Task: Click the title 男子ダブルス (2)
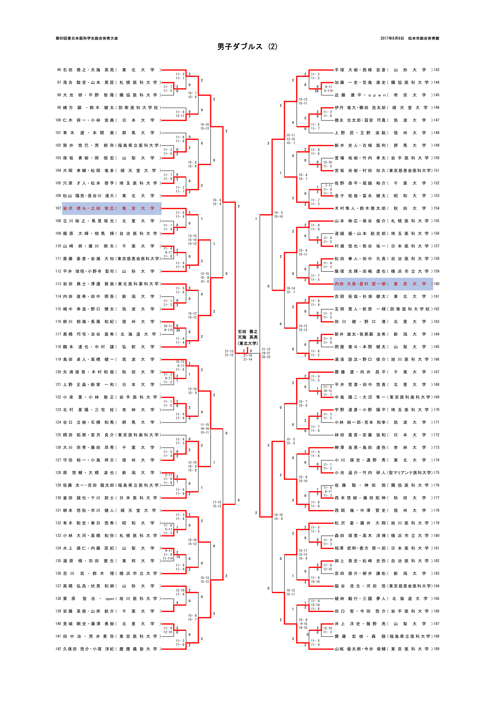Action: coord(247,46)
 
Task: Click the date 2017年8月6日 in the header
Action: coord(392,38)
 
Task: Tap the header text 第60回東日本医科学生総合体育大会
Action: coord(87,38)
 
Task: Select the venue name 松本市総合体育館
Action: coord(424,38)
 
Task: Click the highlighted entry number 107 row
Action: coord(112,208)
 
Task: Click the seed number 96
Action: coord(59,70)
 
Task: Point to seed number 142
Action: coord(58,649)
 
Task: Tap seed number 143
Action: coord(436,70)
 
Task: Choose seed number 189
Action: coord(436,649)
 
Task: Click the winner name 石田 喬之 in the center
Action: coord(248,331)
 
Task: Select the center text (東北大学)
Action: coord(248,343)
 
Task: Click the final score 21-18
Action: coord(248,355)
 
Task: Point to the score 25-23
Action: coord(266,357)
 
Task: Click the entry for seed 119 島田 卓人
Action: coord(112,359)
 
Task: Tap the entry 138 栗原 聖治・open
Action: coord(112,599)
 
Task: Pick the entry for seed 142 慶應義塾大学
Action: coord(112,649)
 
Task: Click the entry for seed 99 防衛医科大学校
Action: coord(112,108)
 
